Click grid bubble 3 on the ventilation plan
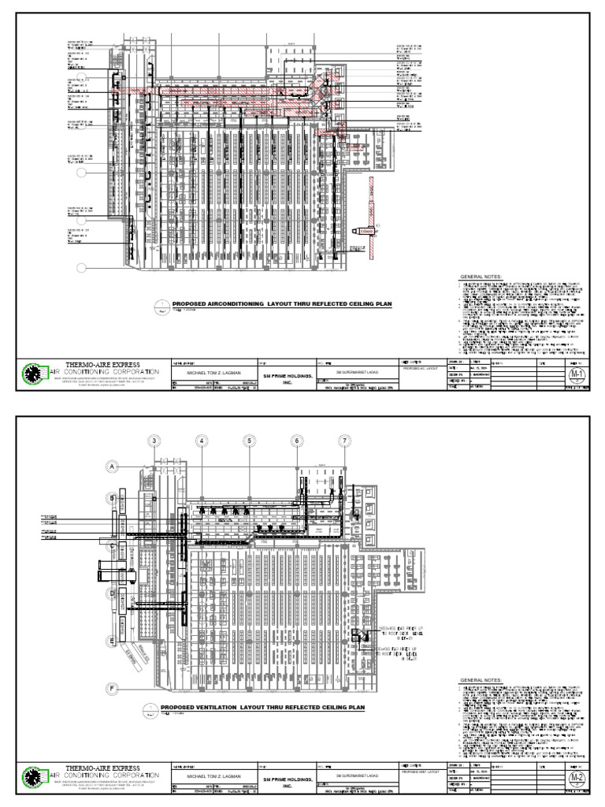(155, 441)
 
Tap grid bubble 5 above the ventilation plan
(249, 441)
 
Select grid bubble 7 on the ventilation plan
(344, 441)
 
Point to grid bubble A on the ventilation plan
(113, 467)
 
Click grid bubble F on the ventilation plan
(113, 689)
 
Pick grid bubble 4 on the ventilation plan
(202, 441)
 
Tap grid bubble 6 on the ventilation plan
(297, 441)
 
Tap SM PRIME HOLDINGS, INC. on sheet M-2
(287, 777)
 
